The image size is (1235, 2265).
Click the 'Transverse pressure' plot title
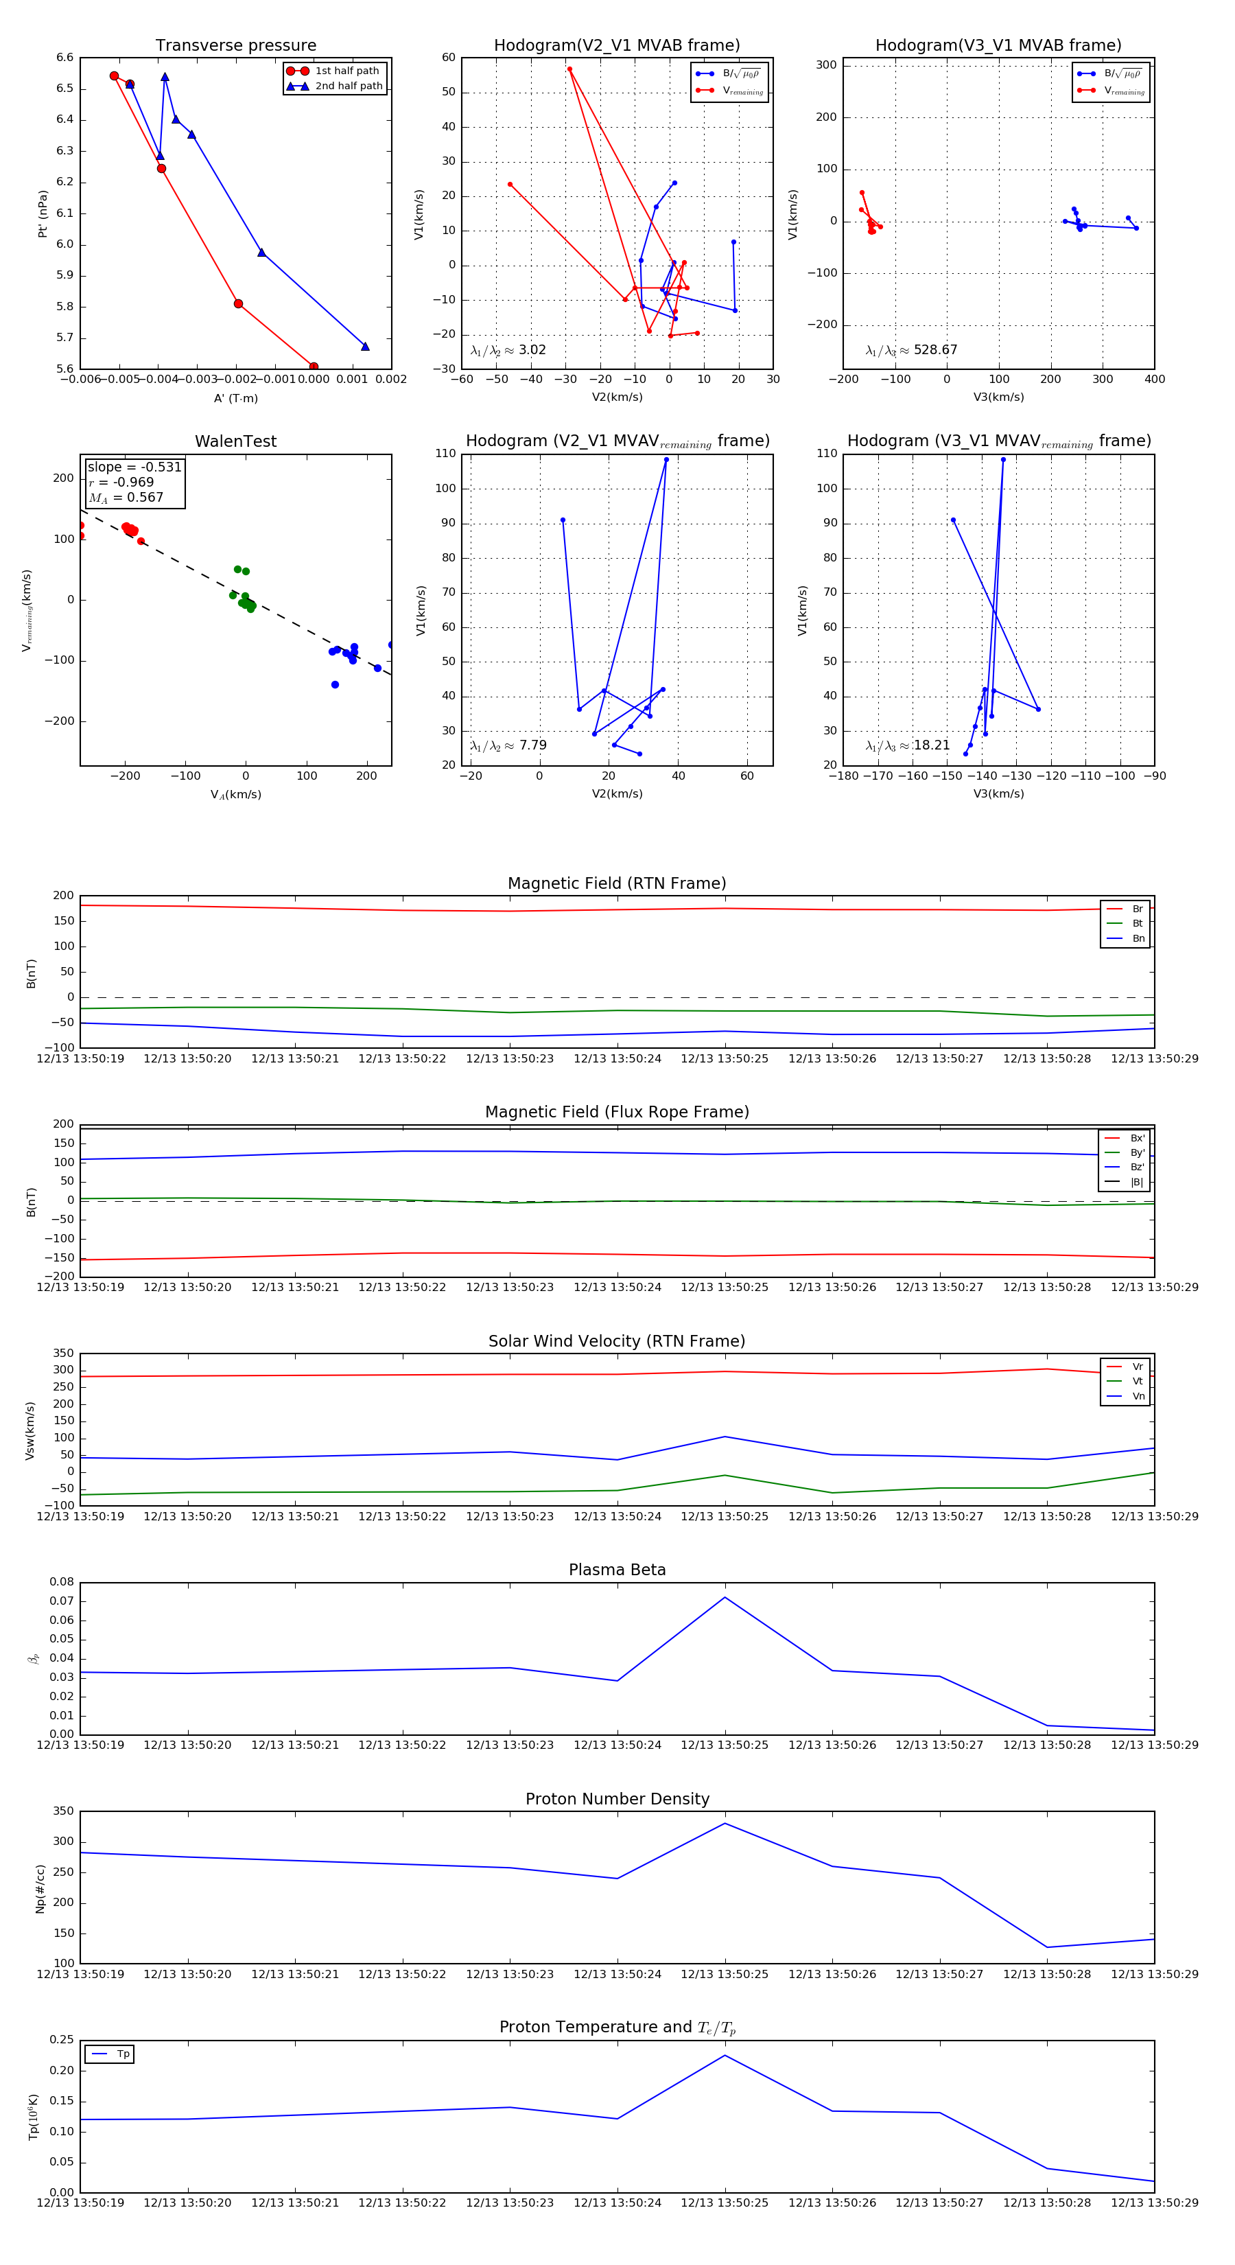click(235, 46)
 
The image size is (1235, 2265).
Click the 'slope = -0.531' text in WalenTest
click(134, 467)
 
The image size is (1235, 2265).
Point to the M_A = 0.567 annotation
click(126, 498)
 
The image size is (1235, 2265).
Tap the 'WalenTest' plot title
click(235, 441)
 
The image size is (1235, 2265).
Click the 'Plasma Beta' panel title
click(617, 1570)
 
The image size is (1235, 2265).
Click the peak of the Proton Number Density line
click(725, 1823)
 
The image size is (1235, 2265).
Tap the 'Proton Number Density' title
click(617, 1798)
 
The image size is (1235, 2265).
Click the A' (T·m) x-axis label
click(235, 398)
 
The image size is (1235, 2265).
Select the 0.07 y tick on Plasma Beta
click(62, 1601)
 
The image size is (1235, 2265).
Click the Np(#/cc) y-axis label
click(40, 1889)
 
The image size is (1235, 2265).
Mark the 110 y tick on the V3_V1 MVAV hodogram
click(826, 454)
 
